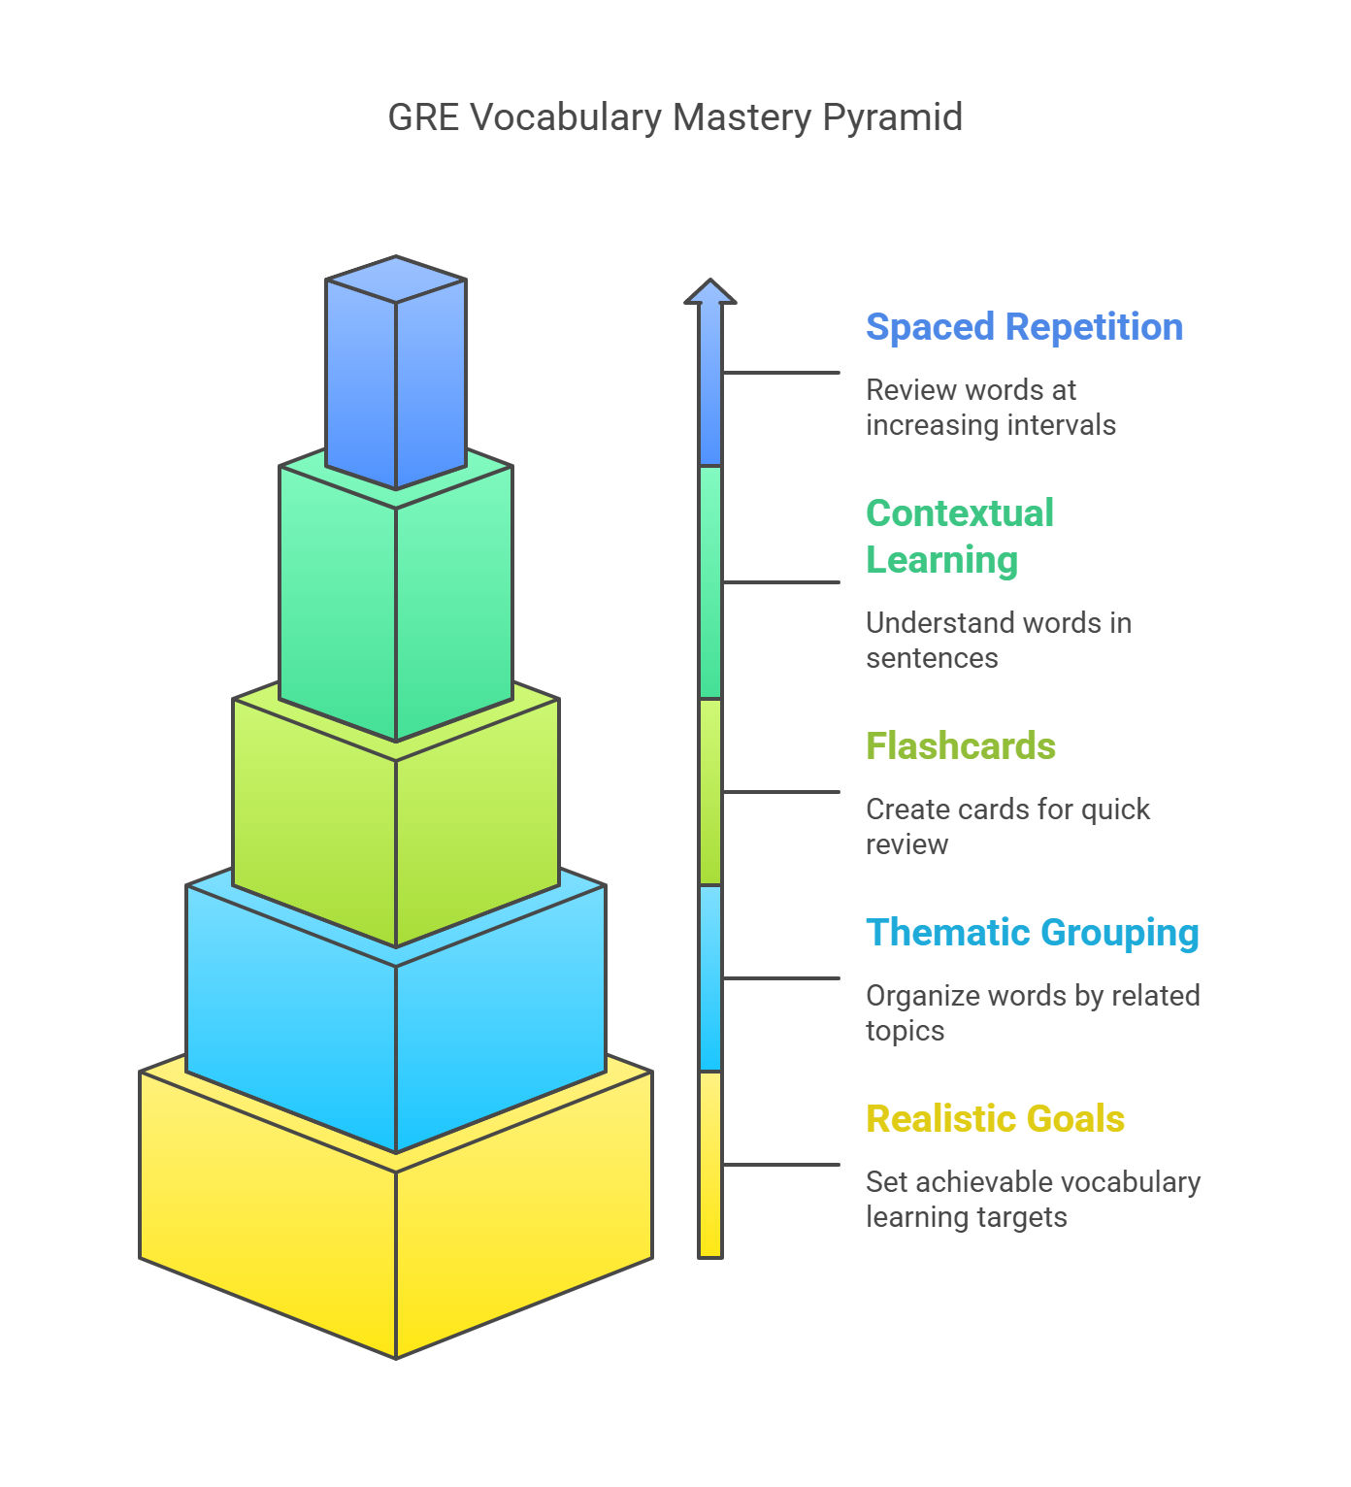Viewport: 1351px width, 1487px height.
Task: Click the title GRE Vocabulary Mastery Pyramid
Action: (x=675, y=117)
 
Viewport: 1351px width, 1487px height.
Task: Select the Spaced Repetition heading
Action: (x=1024, y=327)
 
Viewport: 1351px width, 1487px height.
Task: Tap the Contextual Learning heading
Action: (x=960, y=536)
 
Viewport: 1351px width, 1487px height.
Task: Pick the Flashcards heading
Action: (x=960, y=745)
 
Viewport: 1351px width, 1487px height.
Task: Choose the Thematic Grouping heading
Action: (x=1032, y=933)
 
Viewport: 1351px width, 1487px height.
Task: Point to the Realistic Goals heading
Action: (x=995, y=1118)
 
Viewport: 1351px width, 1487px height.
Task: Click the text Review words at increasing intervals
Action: (x=991, y=407)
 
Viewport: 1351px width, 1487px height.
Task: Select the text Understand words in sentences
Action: (x=999, y=640)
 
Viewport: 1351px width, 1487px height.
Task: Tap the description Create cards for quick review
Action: (x=1007, y=827)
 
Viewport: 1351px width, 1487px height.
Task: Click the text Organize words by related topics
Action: (x=1033, y=1012)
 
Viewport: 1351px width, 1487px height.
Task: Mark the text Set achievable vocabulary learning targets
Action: (x=1033, y=1199)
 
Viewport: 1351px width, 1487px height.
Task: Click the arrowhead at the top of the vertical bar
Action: (x=709, y=291)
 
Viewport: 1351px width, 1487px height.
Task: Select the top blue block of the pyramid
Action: (x=395, y=371)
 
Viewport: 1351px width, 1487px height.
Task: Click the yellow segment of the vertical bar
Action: (x=709, y=1165)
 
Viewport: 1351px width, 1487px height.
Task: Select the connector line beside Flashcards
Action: (x=780, y=792)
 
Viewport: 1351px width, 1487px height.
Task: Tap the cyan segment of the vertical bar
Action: (x=709, y=977)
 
